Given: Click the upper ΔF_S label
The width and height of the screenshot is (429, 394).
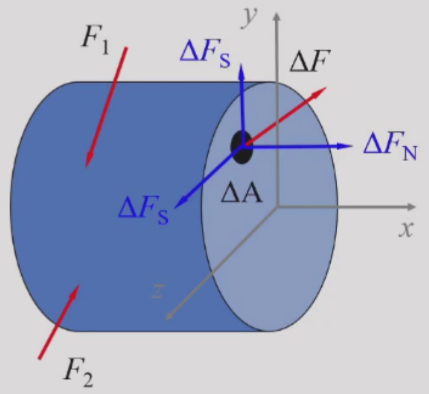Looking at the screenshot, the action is click(204, 54).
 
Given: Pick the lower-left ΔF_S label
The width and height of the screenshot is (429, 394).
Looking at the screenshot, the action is click(143, 210).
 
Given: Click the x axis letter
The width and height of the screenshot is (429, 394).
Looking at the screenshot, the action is click(406, 229).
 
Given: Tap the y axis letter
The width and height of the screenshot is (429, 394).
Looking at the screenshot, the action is click(249, 18).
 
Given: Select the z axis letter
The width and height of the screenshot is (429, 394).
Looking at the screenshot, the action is click(157, 291).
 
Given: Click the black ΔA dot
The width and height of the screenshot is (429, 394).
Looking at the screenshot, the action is click(242, 147).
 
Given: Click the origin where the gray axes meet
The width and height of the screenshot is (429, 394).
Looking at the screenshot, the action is click(278, 207).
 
